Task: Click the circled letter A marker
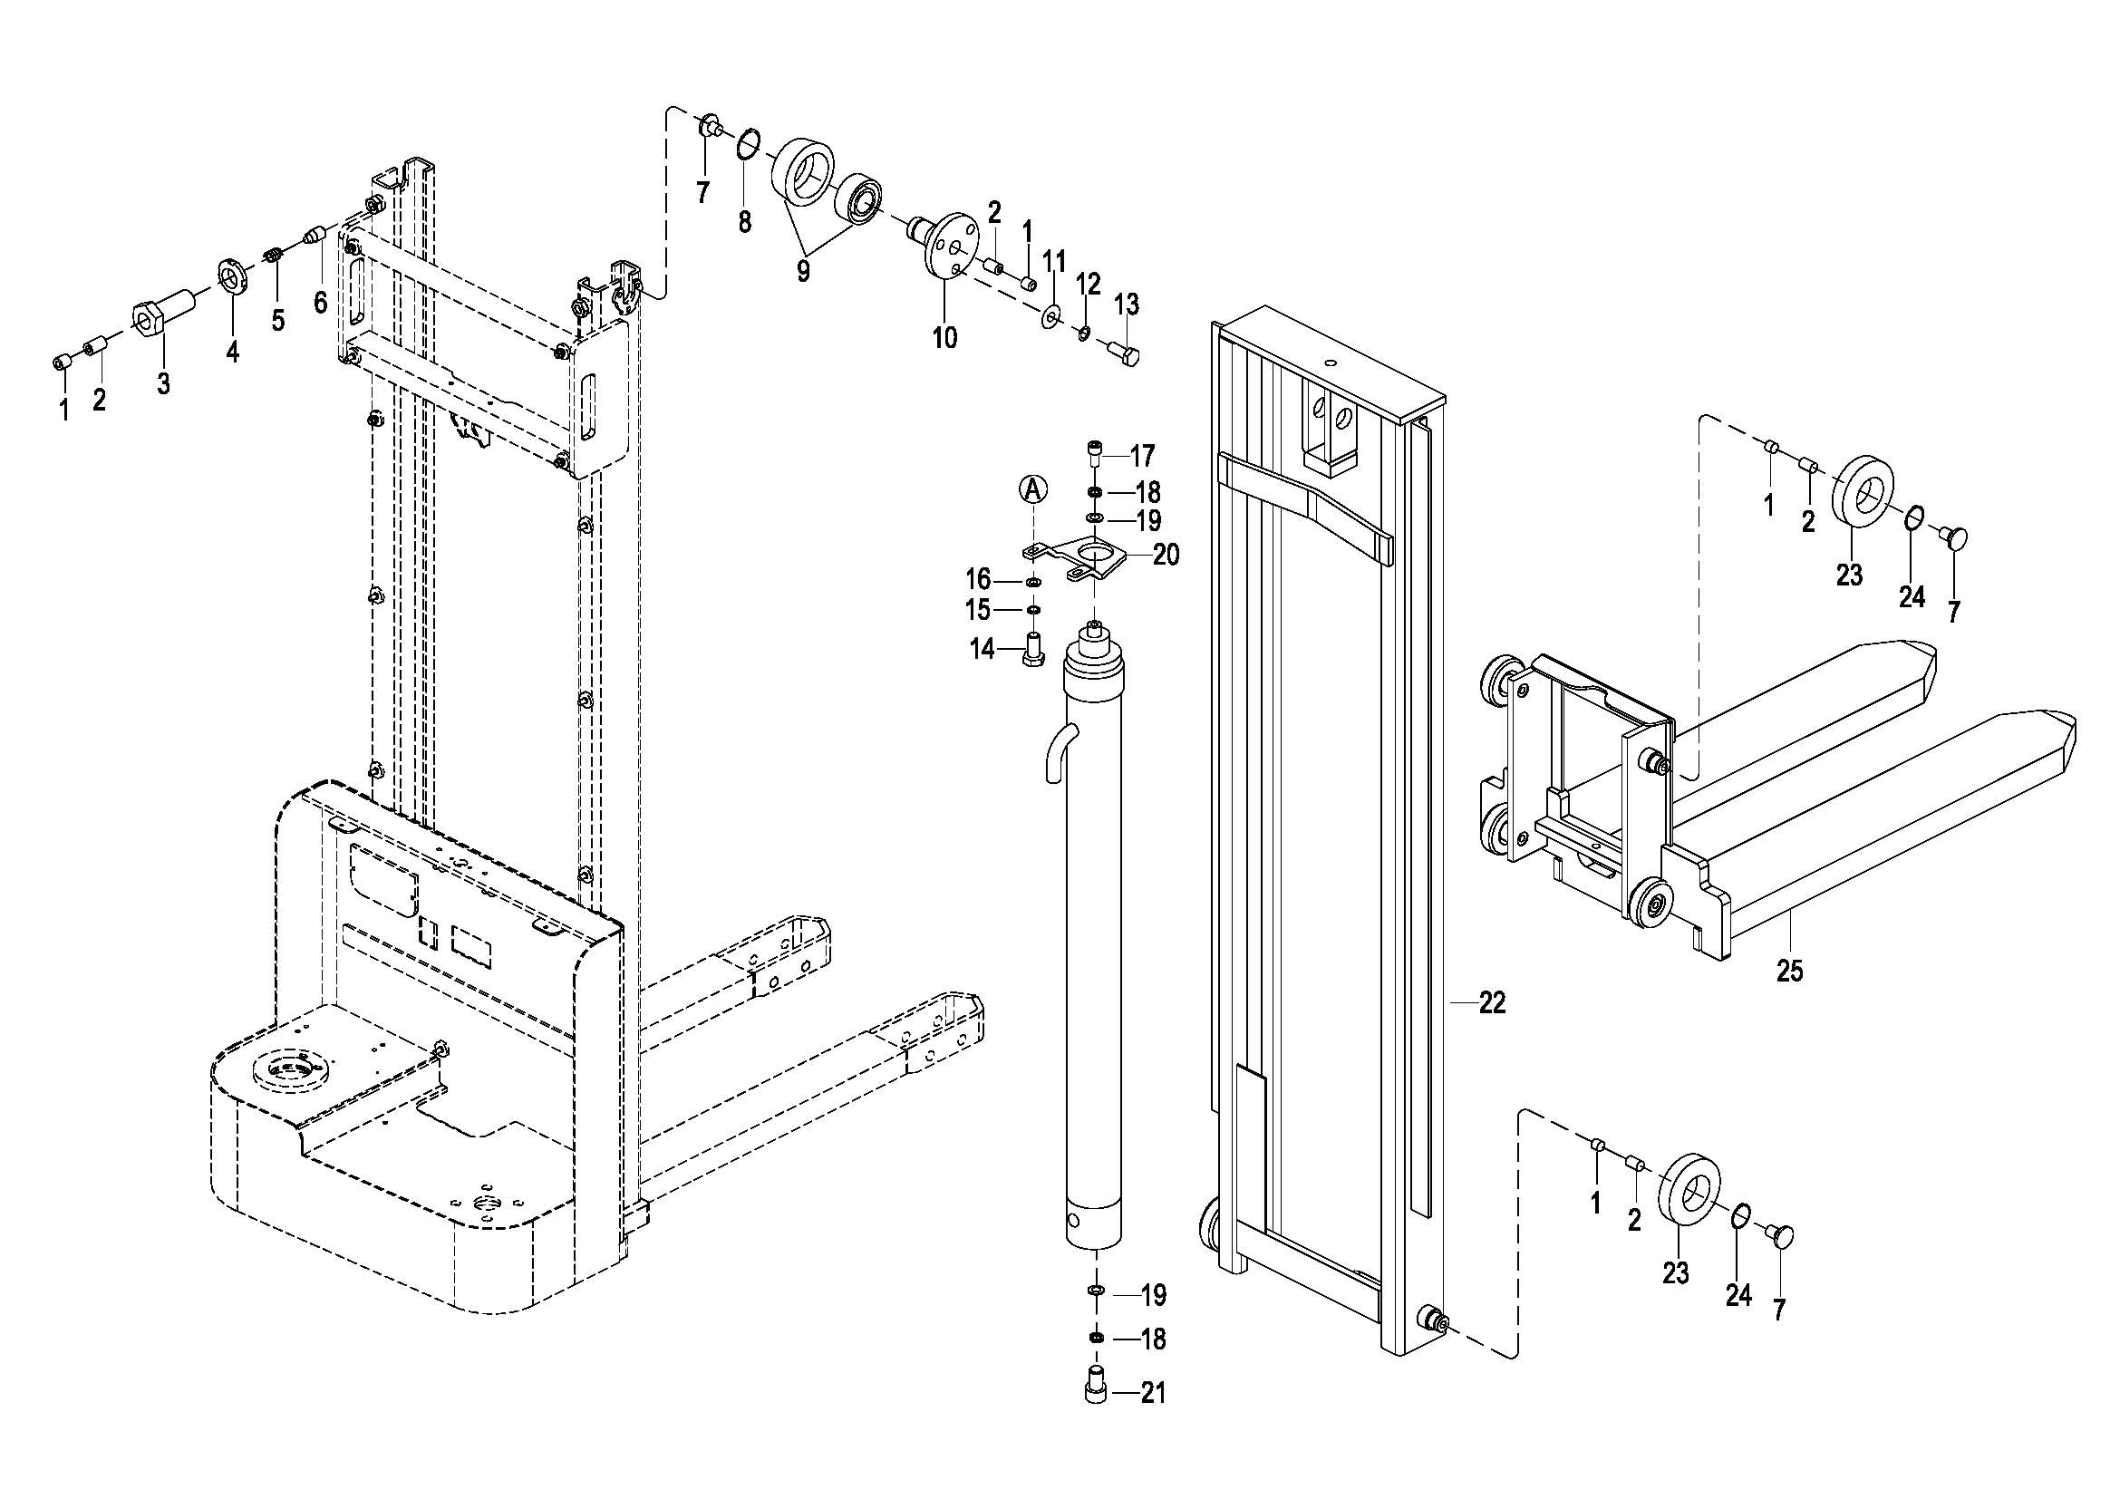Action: point(1033,489)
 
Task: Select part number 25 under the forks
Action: point(1789,970)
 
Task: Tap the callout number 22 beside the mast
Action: point(1492,1002)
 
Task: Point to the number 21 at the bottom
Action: point(1153,1393)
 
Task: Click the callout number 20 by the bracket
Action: point(1166,555)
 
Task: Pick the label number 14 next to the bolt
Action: point(982,650)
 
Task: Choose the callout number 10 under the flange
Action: point(944,338)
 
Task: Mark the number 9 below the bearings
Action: point(803,271)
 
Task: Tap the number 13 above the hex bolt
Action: point(1127,305)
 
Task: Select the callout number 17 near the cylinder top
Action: point(1142,456)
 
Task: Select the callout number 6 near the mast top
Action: point(320,302)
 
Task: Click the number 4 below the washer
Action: point(233,352)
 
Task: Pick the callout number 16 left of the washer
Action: point(978,580)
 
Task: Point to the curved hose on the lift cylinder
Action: point(1056,751)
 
